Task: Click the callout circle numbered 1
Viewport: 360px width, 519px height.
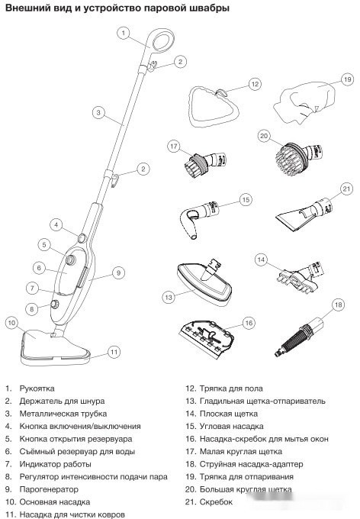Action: coord(125,33)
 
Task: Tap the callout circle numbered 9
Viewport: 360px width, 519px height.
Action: coord(118,272)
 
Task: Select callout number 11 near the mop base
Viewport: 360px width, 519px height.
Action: coord(114,352)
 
